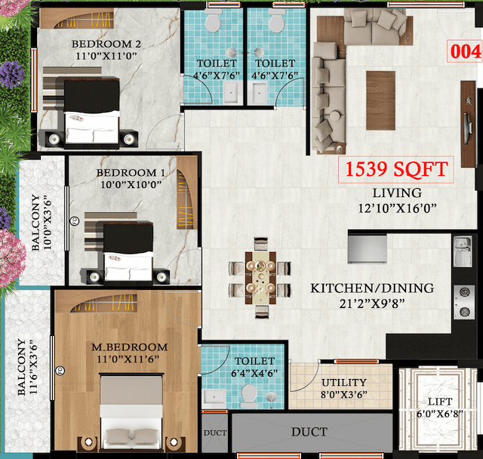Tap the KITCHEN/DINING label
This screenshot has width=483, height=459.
[x=372, y=288]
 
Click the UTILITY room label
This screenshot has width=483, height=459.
[x=344, y=383]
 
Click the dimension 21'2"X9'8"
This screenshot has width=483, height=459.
[x=372, y=303]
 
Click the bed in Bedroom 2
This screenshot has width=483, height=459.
[x=91, y=113]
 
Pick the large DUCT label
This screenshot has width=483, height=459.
[x=309, y=432]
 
